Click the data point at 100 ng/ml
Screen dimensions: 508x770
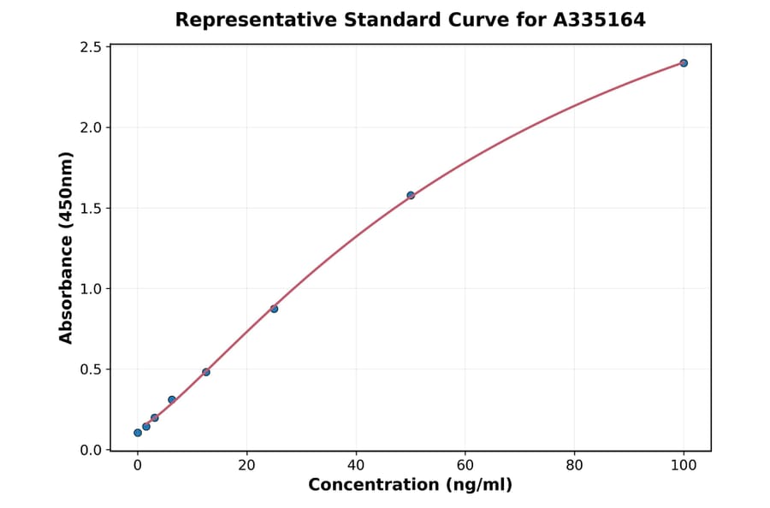pos(684,62)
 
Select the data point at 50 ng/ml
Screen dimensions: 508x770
pos(411,195)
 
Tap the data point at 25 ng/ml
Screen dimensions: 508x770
pos(274,309)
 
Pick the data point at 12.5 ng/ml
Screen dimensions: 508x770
pos(206,372)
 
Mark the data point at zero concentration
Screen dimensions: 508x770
pos(138,433)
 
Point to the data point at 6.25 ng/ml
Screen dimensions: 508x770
pos(172,399)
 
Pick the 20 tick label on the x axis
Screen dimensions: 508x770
pos(246,465)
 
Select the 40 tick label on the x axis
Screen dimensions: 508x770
pos(356,465)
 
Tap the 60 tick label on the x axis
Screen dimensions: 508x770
pos(465,465)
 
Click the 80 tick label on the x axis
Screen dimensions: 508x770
pos(574,465)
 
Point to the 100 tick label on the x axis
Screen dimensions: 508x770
pos(684,465)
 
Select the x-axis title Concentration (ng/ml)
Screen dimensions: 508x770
pos(410,486)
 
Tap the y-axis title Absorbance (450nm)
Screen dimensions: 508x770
pos(67,247)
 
